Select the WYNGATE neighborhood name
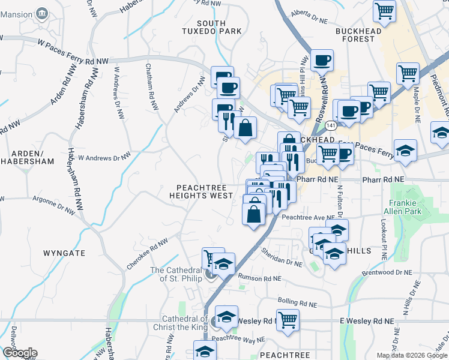coord(64,253)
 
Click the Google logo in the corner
coord(19,353)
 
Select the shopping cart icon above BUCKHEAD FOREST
coord(384,10)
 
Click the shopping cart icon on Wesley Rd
coord(288,319)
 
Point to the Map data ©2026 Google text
coord(412,355)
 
